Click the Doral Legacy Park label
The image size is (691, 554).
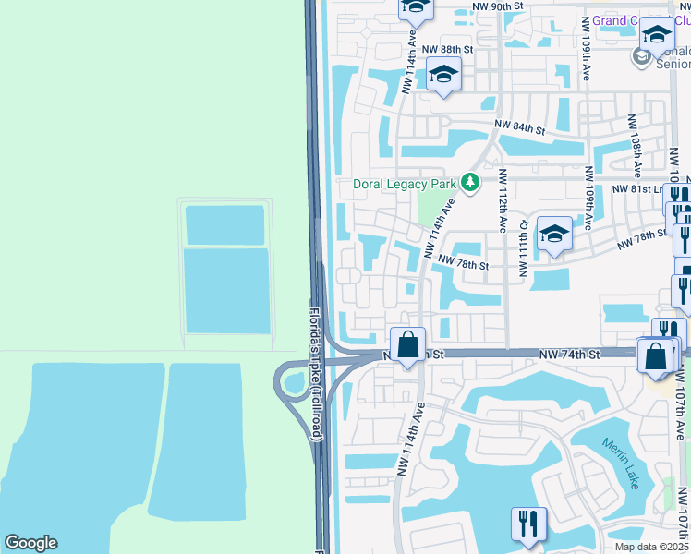[406, 184]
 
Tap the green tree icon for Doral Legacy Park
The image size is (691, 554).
[471, 183]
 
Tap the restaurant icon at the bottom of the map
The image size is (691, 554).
[529, 524]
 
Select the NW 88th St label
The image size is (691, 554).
[447, 49]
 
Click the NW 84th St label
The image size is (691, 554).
[520, 126]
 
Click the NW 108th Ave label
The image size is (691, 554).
[636, 146]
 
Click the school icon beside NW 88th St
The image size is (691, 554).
[443, 76]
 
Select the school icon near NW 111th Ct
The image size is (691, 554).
[554, 235]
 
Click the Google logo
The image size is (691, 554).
[30, 543]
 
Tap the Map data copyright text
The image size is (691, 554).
[649, 547]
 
